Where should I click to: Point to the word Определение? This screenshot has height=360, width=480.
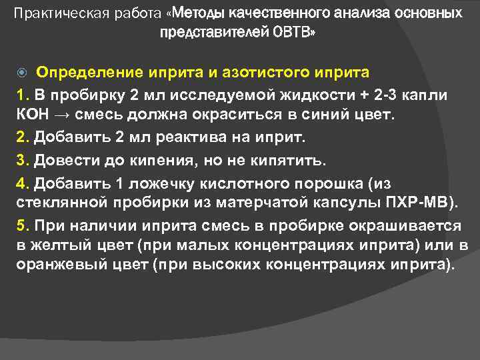84,71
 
